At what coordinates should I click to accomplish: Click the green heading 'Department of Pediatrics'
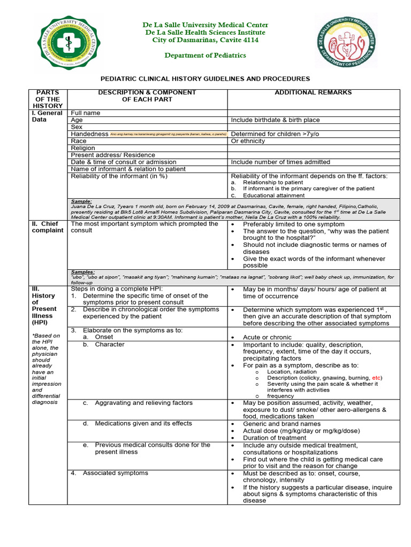205,56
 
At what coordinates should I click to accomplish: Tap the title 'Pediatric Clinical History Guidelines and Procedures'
205,79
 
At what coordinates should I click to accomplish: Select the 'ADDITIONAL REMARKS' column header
313,92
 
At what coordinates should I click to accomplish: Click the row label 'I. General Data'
49,116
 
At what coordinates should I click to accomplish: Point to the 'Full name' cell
86,113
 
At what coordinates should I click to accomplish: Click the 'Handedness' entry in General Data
90,134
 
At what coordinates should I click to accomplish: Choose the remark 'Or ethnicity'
248,141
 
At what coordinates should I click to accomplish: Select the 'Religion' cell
83,148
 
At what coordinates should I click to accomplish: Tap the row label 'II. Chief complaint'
49,227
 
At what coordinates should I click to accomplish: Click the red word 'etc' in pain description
377,378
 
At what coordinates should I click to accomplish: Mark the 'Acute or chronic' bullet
267,338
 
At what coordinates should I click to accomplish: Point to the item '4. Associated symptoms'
115,473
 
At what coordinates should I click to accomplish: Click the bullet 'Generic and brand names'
281,424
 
